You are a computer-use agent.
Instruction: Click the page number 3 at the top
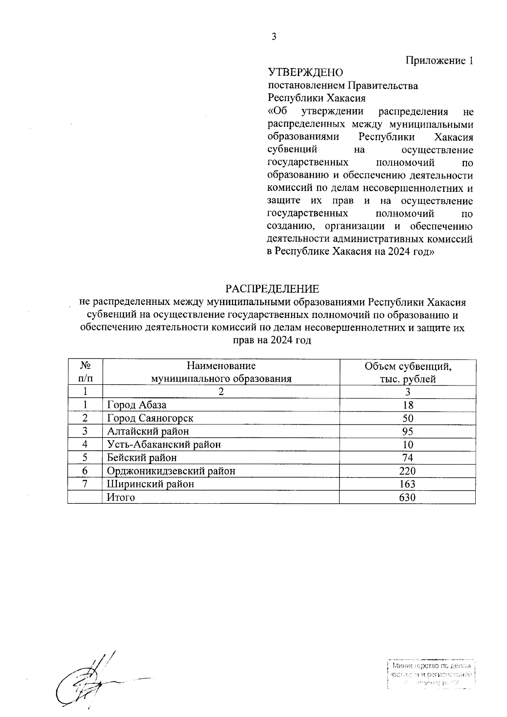273,37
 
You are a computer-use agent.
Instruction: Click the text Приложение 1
439,60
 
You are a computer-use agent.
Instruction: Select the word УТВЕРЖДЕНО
305,73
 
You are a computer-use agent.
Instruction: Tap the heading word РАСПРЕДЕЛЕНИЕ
272,289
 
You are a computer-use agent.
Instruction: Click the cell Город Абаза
136,405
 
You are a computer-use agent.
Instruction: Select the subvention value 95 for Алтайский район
408,431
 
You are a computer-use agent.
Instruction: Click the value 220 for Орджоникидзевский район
408,471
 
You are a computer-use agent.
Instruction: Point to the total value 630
408,497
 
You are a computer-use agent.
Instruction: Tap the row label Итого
121,497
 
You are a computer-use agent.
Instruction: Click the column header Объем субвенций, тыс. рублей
408,372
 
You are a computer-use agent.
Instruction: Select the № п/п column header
85,372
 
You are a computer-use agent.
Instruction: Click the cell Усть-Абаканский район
164,444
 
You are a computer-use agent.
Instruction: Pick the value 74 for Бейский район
408,458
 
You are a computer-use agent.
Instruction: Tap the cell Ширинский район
150,484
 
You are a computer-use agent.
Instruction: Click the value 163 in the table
408,484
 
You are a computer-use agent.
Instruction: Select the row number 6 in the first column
85,471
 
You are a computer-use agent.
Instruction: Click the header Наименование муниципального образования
221,372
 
